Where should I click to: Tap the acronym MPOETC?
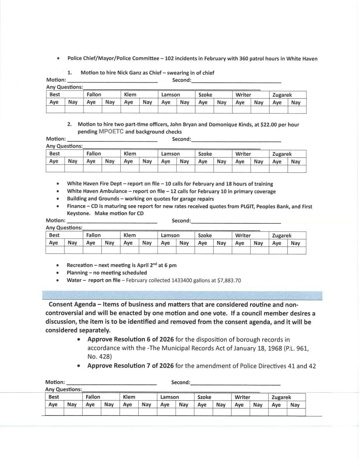(111, 132)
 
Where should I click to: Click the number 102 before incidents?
(169, 59)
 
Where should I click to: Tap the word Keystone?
(78, 214)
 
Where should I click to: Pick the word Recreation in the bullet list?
(80, 265)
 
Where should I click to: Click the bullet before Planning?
(58, 273)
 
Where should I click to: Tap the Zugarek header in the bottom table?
(281, 397)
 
